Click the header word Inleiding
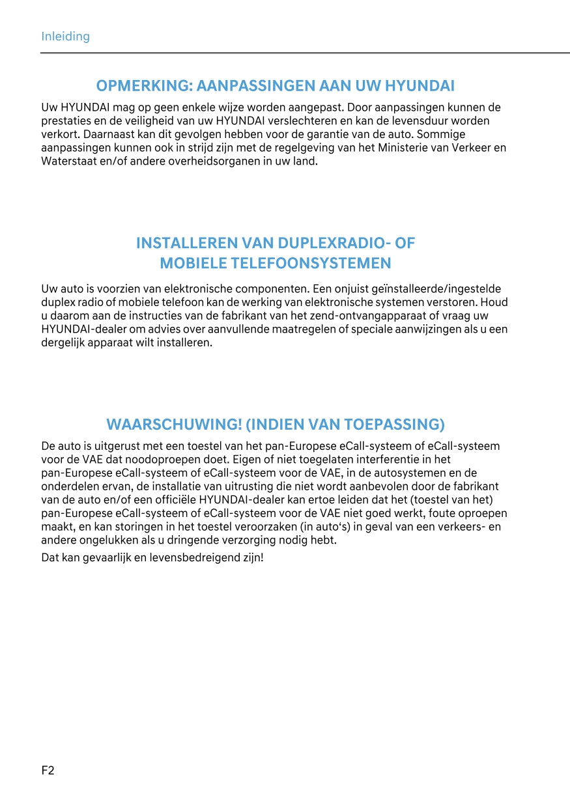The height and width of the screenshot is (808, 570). (65, 36)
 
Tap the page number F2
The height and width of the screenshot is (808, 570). (48, 771)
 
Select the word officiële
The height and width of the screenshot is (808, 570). (177, 500)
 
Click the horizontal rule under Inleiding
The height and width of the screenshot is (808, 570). (305, 52)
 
